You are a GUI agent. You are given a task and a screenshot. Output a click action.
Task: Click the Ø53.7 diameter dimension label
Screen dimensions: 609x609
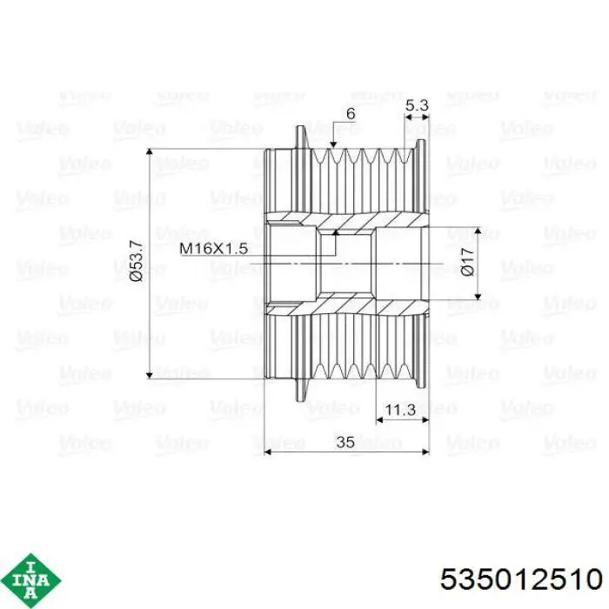point(137,261)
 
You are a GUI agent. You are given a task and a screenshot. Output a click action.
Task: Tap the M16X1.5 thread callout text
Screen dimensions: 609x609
point(214,248)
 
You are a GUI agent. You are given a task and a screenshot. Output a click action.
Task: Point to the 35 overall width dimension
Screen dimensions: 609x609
point(345,442)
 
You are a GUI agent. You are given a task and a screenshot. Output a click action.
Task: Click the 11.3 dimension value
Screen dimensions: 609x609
point(400,410)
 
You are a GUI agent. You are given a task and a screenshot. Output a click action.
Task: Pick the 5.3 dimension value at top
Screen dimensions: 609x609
point(417,105)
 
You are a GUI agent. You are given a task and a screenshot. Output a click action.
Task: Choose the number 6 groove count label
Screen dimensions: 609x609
point(351,113)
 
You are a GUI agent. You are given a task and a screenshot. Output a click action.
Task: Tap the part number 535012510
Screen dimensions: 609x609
point(522,579)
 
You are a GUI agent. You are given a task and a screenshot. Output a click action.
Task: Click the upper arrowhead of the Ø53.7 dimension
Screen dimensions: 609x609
point(149,152)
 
